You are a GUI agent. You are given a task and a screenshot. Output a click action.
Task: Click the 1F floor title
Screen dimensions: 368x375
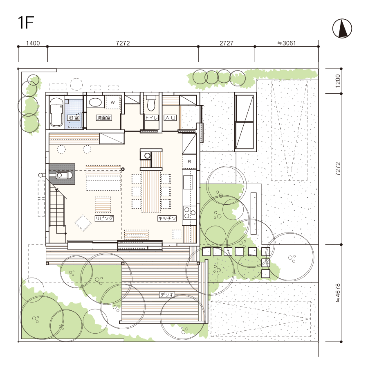tap(26, 23)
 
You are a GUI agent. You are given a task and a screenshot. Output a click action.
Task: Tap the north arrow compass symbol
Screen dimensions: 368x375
tap(342, 28)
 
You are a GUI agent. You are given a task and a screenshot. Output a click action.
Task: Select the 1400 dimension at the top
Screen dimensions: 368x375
tap(33, 43)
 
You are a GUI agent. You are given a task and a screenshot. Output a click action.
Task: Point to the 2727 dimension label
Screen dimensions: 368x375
tap(227, 43)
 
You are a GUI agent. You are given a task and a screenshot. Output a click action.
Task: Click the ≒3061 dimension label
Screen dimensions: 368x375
tap(287, 43)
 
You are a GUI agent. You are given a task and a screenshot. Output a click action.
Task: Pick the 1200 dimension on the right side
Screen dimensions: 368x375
tap(338, 81)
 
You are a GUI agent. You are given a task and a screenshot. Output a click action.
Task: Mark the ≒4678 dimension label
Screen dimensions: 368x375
tap(338, 293)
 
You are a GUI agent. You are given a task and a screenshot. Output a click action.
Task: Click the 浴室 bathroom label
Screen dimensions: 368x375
tap(74, 117)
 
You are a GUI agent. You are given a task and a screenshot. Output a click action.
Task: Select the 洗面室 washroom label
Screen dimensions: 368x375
tap(104, 117)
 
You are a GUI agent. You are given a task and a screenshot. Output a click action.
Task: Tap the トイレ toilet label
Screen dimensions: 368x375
tap(151, 117)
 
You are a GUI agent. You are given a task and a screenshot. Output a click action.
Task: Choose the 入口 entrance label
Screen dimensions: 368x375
tap(170, 117)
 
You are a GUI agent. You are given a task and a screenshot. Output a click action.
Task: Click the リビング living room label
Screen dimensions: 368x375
tap(104, 218)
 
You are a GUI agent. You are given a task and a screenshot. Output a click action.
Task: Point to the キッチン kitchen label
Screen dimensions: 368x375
tap(167, 218)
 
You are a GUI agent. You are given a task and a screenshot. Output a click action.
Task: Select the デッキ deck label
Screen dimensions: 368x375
tap(167, 295)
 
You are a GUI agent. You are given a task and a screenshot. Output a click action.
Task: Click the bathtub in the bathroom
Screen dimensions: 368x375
tap(56, 112)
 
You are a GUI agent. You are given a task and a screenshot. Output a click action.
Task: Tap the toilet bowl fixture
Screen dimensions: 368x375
tap(151, 104)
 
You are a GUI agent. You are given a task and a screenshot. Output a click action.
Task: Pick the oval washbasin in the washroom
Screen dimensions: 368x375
tap(95, 103)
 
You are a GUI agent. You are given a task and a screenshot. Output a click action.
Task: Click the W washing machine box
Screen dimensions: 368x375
tap(113, 102)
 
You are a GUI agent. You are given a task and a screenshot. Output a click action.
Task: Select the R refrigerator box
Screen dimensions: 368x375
tap(189, 162)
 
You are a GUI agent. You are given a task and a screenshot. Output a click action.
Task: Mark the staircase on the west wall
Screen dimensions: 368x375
tap(57, 206)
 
